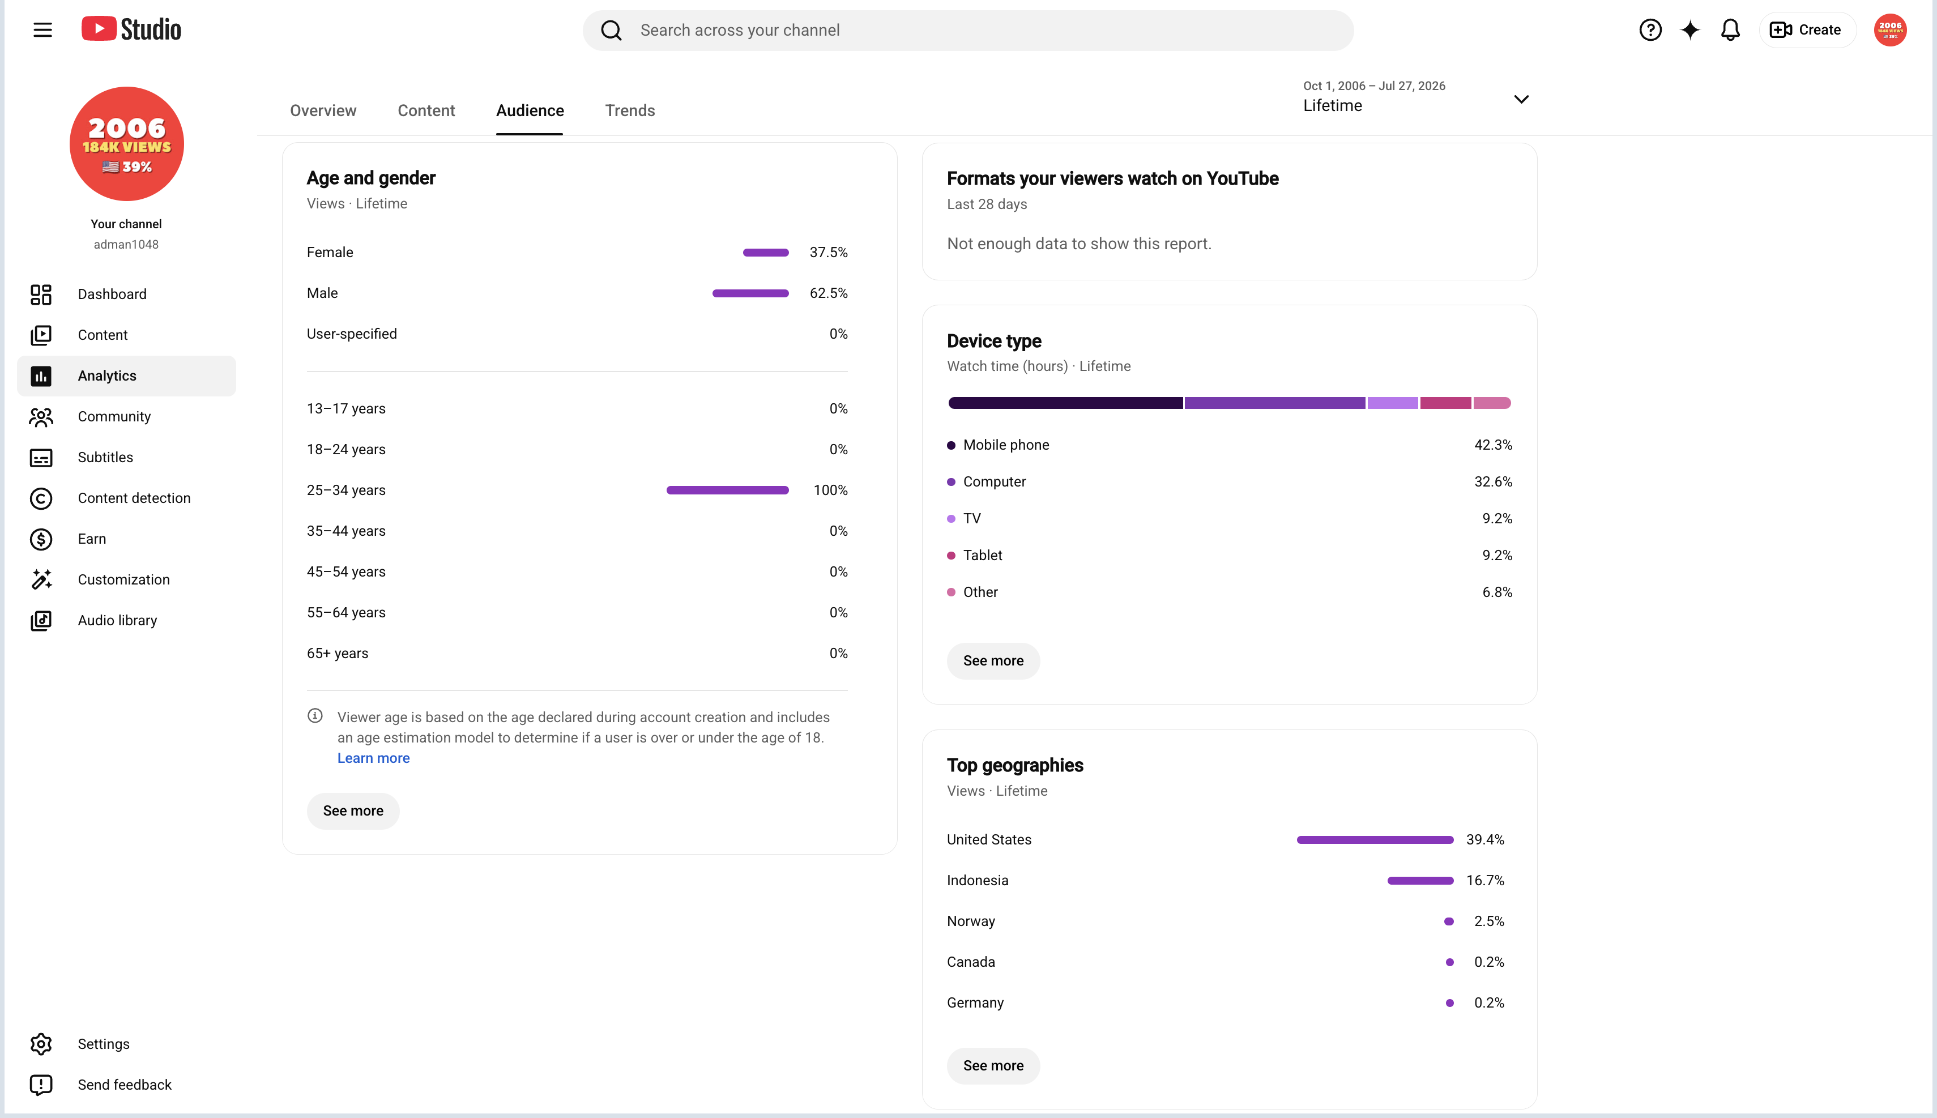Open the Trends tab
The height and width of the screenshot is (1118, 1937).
(630, 110)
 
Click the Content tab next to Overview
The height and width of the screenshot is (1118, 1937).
(426, 110)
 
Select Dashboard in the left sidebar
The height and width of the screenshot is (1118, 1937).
(112, 294)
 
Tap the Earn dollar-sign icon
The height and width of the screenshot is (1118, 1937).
(41, 539)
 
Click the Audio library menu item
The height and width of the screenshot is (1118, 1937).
(117, 620)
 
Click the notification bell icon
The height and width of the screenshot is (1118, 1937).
(1730, 30)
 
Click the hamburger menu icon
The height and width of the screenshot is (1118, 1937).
(42, 30)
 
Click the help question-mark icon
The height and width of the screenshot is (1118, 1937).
(1650, 30)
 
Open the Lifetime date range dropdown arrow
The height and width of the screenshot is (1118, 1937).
(1521, 99)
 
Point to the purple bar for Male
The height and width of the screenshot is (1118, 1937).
(750, 293)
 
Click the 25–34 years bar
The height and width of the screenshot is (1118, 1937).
(727, 490)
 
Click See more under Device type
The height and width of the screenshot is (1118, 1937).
(993, 660)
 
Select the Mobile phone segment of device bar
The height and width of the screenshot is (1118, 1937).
(1065, 403)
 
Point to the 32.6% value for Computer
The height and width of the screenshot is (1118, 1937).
(1492, 481)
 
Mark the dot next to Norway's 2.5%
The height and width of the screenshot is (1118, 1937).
(1448, 921)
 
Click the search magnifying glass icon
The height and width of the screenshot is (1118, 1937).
(611, 30)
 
